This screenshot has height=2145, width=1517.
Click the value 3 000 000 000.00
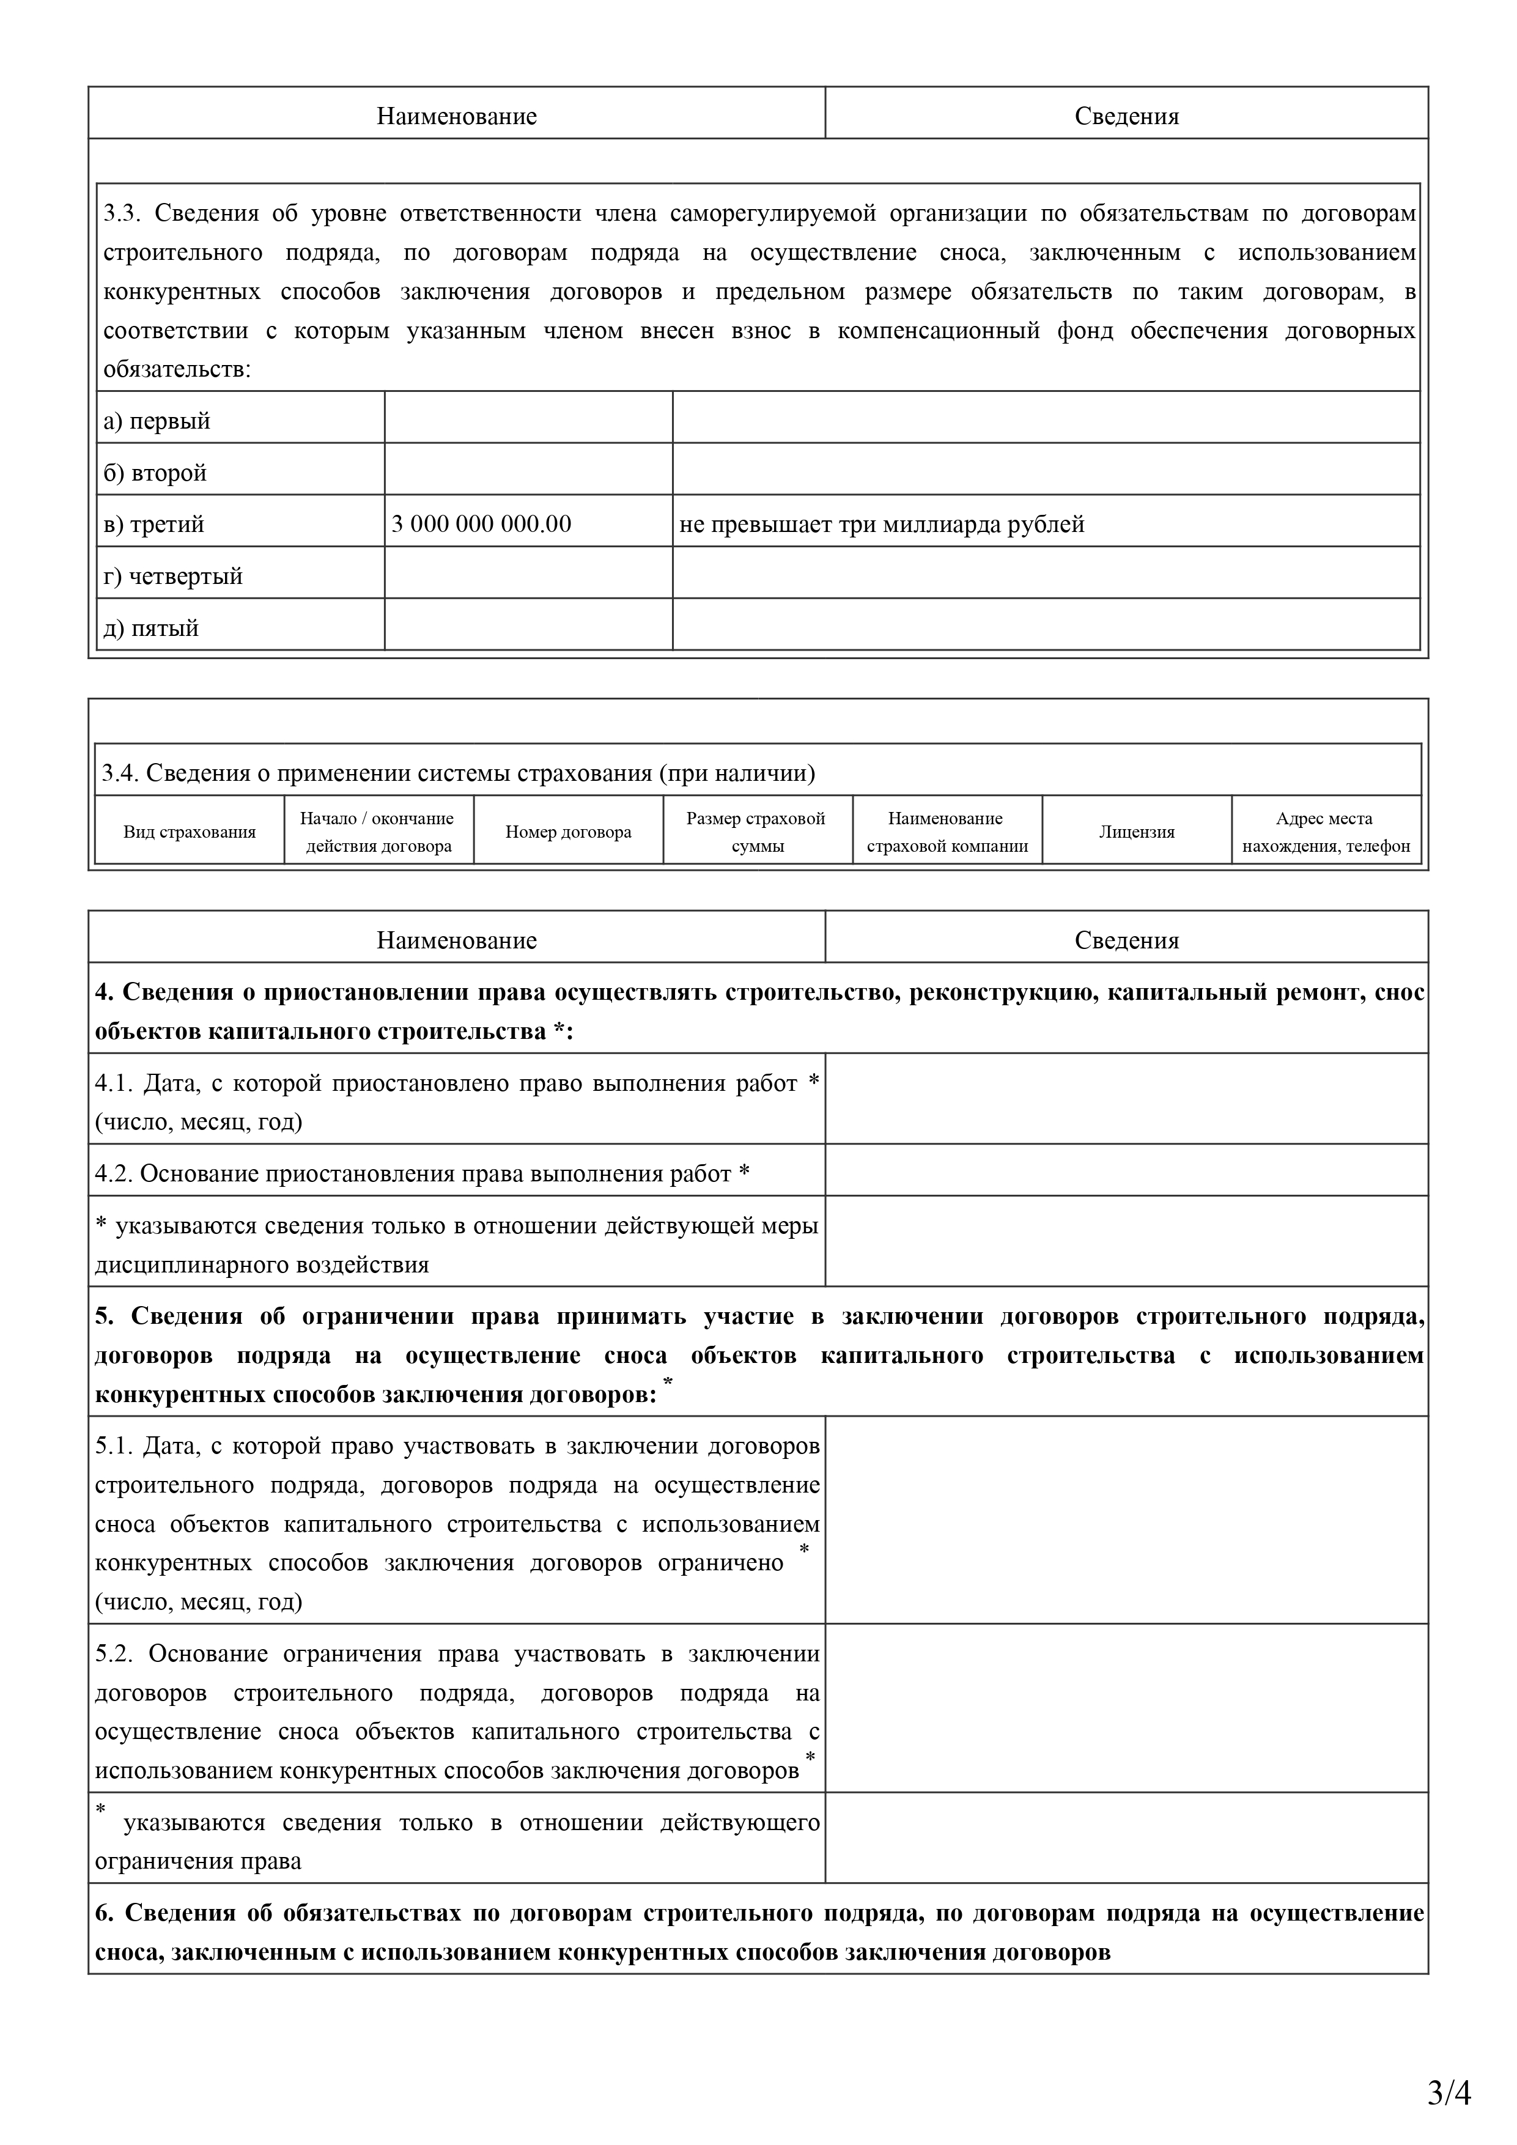481,524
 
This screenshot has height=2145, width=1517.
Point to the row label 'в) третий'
153,524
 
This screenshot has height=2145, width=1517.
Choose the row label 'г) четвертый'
173,577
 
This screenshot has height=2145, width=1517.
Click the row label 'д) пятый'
150,628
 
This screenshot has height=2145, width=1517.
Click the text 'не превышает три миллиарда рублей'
882,524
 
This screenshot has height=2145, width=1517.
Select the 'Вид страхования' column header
190,832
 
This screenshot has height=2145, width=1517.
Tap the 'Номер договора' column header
568,832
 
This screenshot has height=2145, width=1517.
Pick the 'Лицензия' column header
1136,832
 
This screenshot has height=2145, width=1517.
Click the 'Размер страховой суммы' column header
756,832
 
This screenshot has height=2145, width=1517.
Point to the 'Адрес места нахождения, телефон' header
1326,832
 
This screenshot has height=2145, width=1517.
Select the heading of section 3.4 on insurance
458,773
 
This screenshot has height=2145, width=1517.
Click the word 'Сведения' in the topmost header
1126,117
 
